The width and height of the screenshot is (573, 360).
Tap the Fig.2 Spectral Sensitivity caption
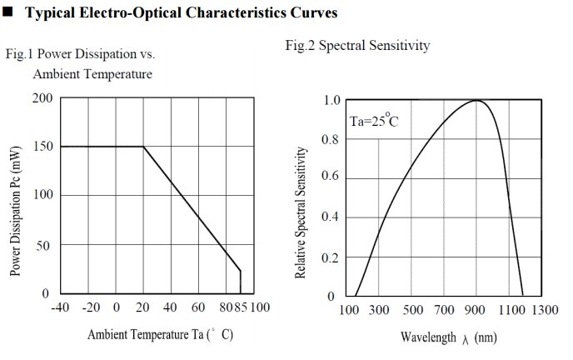[x=357, y=47]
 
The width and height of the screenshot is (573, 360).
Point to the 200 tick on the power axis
[x=43, y=98]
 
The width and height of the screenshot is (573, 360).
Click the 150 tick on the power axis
[x=43, y=147]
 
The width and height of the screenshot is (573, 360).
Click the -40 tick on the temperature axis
[x=61, y=307]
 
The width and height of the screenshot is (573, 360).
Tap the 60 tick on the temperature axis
[x=199, y=307]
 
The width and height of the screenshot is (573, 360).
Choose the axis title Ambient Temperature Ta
[x=160, y=335]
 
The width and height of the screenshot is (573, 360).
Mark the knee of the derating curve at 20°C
[x=143, y=147]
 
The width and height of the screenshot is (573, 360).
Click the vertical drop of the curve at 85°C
[x=241, y=282]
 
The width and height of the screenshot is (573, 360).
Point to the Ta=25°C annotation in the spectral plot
[x=373, y=122]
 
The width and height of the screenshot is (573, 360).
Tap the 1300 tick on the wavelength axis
[x=545, y=311]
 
